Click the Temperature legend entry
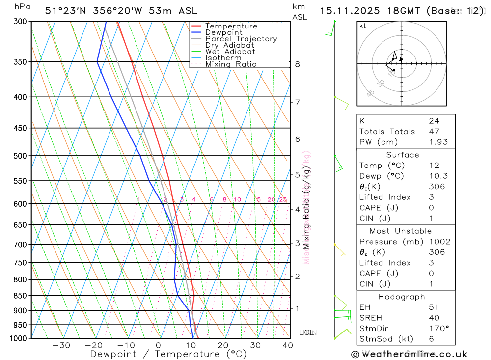point(231,26)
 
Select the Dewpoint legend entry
point(223,32)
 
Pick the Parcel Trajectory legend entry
point(241,39)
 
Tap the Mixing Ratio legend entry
point(231,64)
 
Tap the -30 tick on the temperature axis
point(61,345)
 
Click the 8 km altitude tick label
point(298,64)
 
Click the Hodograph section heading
point(402,297)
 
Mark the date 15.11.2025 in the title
point(346,11)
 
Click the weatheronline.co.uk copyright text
point(409,354)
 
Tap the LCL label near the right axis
point(306,332)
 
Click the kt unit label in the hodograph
point(362,26)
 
